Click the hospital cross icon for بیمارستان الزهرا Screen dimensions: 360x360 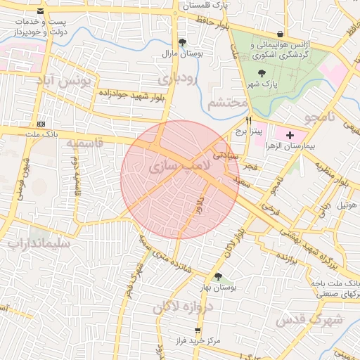point(290,134)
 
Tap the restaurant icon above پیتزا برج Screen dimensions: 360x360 point(248,120)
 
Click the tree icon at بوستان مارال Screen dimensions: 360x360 point(183,42)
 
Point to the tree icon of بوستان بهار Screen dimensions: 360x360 point(218,276)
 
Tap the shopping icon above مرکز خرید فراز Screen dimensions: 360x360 point(198,329)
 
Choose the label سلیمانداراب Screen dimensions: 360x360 point(39,244)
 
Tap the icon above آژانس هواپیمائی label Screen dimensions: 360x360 point(281,33)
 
